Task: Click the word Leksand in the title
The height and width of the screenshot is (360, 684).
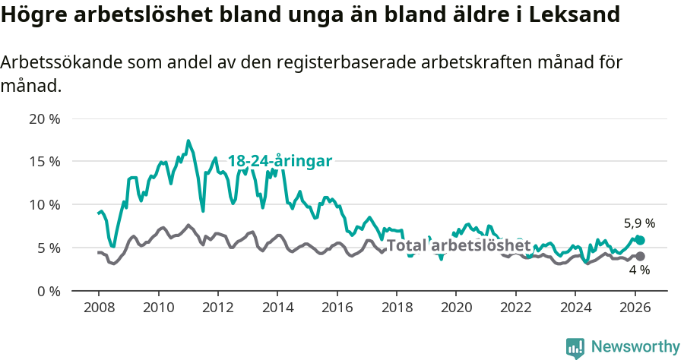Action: (575, 14)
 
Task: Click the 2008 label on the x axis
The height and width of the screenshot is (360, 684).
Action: (99, 308)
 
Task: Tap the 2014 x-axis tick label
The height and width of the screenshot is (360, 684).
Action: (277, 308)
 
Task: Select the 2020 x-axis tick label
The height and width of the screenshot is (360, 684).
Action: (456, 308)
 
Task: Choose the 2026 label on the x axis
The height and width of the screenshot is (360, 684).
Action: (634, 308)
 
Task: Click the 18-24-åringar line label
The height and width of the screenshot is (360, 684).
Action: (280, 161)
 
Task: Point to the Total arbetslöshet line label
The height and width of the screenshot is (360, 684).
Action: (458, 245)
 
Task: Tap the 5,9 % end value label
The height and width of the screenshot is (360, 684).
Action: (639, 223)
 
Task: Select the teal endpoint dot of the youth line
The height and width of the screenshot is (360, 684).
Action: (640, 240)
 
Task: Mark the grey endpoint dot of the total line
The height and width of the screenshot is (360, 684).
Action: (640, 256)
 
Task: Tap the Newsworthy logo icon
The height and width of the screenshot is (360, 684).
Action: (575, 348)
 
